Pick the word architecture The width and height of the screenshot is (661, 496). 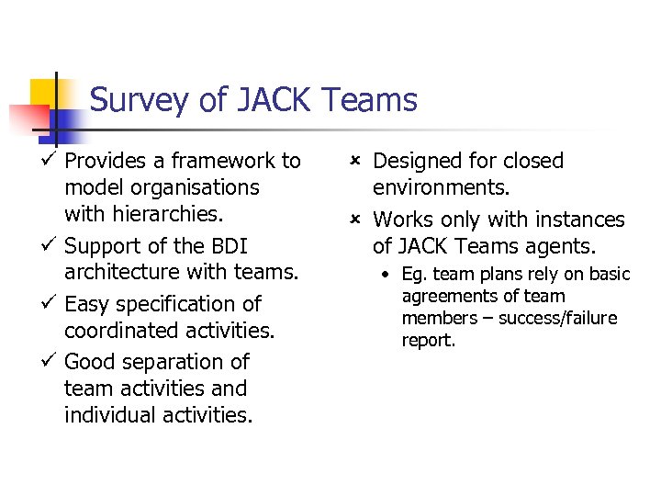point(125,273)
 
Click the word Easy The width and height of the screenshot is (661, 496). point(88,304)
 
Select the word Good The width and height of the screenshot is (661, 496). point(90,362)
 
